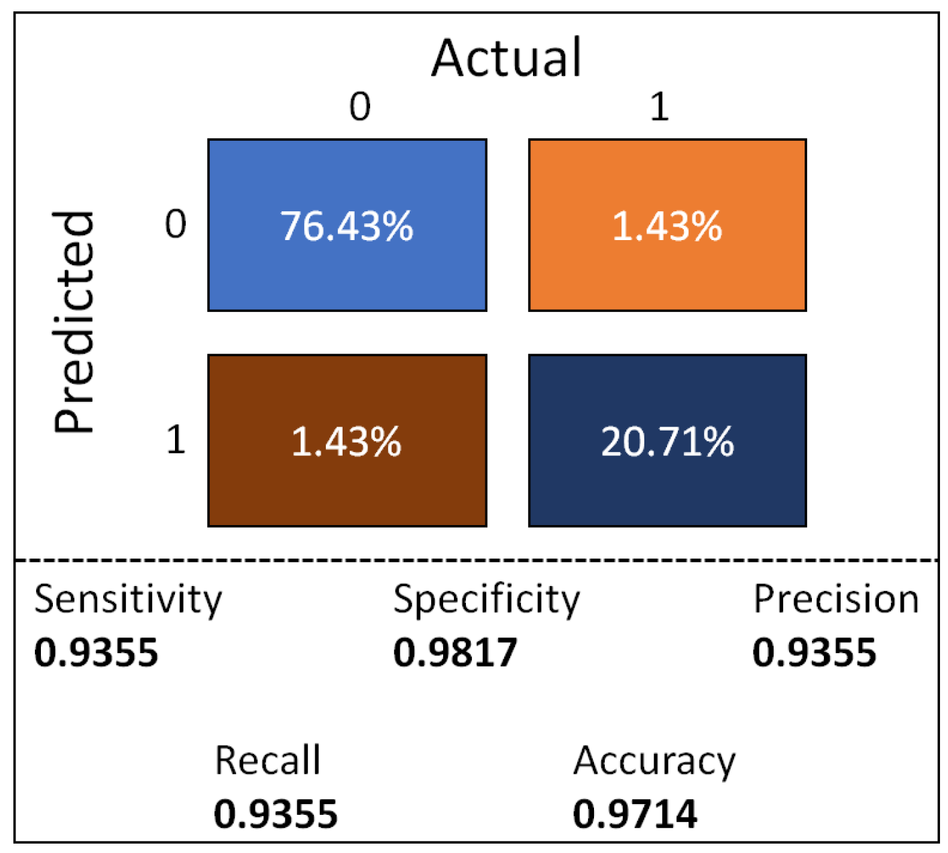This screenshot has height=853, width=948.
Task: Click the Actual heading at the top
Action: coord(506,58)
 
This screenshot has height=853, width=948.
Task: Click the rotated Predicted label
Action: coord(74,322)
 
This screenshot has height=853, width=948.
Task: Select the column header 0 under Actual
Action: coord(360,107)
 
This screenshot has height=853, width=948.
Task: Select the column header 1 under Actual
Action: coord(660,107)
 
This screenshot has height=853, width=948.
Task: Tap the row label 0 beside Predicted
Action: coord(176,224)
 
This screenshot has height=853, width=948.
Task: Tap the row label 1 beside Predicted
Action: coord(176,440)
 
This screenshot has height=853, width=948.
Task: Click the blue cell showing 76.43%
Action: coord(347,225)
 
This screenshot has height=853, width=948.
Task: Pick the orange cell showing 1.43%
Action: coord(667,225)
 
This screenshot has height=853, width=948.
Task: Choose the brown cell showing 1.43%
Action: coord(347,441)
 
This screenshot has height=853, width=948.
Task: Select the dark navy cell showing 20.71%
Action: coord(667,441)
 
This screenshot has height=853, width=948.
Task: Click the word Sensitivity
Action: coord(127,600)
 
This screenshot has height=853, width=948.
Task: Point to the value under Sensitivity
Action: coord(96,652)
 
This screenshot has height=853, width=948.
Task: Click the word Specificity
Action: coord(486,600)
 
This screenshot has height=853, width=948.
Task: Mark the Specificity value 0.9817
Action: coord(455,652)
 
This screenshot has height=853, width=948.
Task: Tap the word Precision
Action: coord(835,599)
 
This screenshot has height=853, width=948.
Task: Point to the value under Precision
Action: coord(814,652)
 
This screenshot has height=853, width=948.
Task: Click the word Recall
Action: coord(268,760)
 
